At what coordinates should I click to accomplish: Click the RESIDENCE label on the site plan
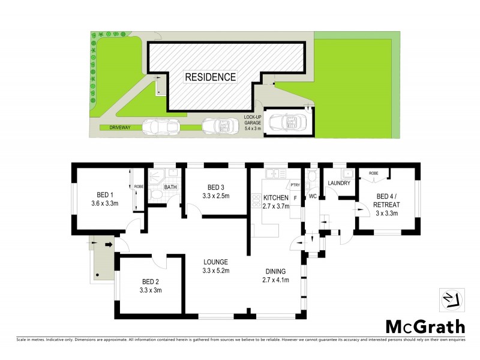(210, 77)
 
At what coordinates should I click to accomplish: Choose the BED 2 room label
(151, 286)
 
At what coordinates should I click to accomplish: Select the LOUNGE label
(215, 266)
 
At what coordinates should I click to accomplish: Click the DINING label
(276, 275)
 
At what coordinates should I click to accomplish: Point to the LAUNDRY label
(338, 184)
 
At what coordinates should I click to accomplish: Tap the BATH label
(171, 187)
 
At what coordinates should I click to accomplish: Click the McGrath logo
(424, 326)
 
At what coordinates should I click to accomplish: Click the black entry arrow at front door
(108, 245)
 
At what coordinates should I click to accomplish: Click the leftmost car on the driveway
(161, 127)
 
